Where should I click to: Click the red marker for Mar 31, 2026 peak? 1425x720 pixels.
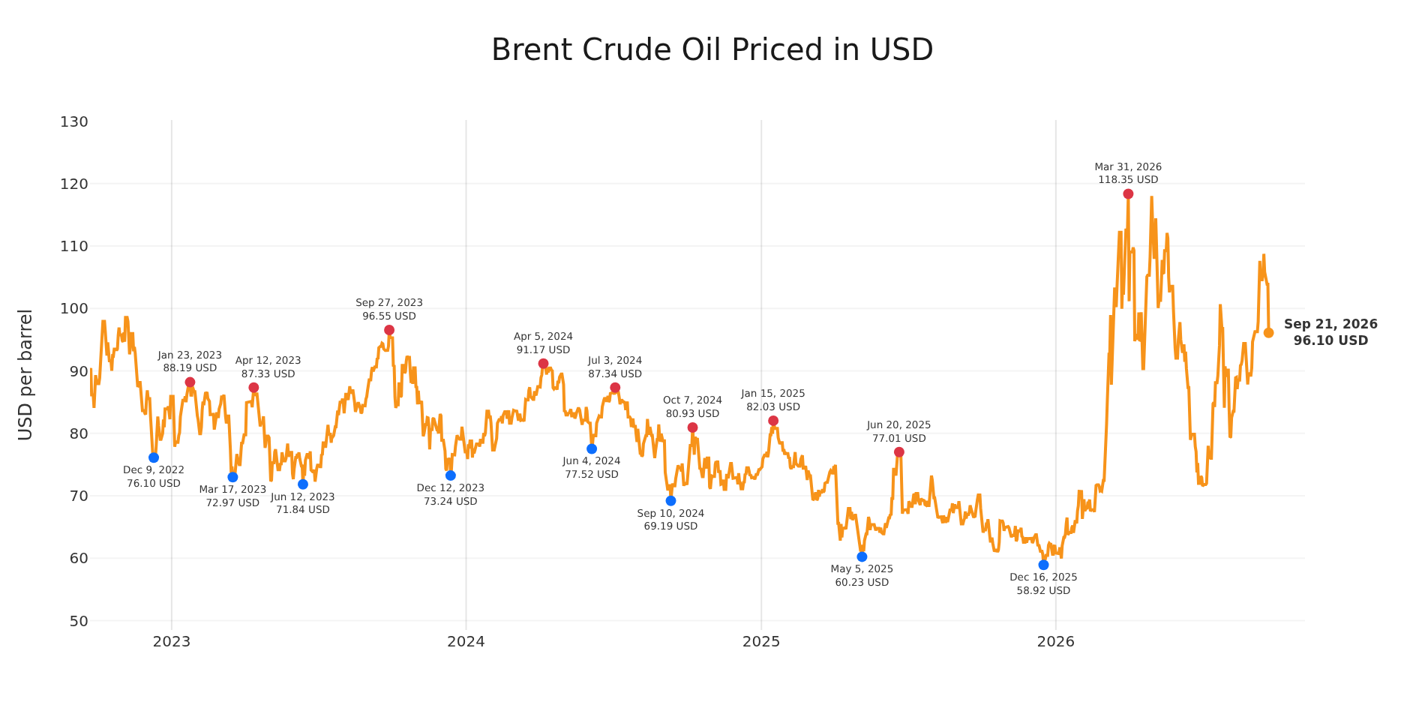pyautogui.click(x=1128, y=194)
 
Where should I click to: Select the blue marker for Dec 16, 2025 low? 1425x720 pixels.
pyautogui.click(x=1043, y=565)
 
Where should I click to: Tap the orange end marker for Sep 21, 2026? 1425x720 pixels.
pyautogui.click(x=1268, y=333)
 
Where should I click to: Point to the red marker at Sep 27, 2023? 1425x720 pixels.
pyautogui.click(x=389, y=330)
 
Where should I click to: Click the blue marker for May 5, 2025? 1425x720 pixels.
pyautogui.click(x=862, y=556)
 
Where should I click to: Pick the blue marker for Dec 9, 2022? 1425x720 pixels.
pyautogui.click(x=154, y=457)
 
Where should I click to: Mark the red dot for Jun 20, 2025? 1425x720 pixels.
pyautogui.click(x=898, y=452)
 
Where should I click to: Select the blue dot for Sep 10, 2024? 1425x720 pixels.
pyautogui.click(x=670, y=501)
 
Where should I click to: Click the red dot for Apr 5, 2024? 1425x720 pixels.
pyautogui.click(x=543, y=364)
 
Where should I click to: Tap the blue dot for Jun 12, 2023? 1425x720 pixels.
pyautogui.click(x=303, y=484)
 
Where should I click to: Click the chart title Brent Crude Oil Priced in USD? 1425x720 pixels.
pyautogui.click(x=712, y=50)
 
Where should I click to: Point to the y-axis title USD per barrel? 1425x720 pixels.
pyautogui.click(x=25, y=374)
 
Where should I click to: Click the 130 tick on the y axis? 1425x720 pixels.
pyautogui.click(x=74, y=121)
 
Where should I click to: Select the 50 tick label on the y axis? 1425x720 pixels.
pyautogui.click(x=79, y=621)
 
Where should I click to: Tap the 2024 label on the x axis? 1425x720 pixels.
pyautogui.click(x=466, y=642)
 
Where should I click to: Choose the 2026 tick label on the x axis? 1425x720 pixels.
pyautogui.click(x=1055, y=642)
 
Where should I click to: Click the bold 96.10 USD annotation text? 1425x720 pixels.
pyautogui.click(x=1330, y=340)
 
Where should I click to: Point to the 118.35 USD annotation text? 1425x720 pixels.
pyautogui.click(x=1128, y=180)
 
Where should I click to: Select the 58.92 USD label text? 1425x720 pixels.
pyautogui.click(x=1043, y=591)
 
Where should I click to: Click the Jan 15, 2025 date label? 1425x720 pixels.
pyautogui.click(x=773, y=394)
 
